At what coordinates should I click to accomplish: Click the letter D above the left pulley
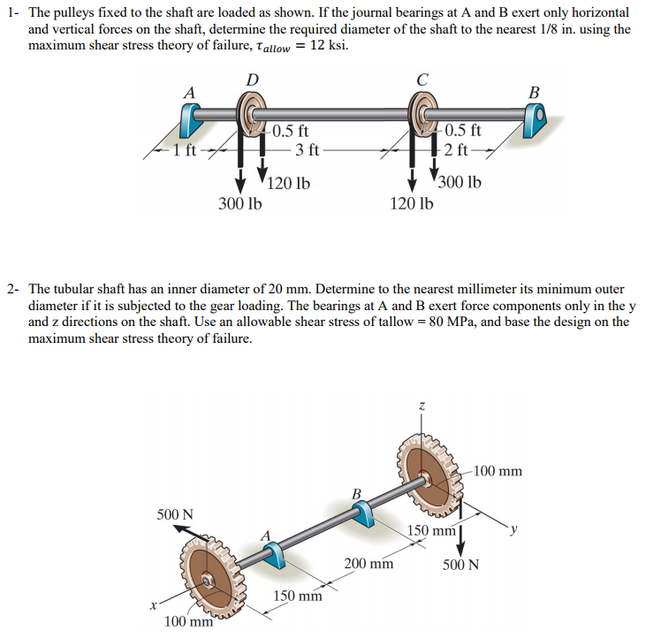[252, 80]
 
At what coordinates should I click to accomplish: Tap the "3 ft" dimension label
[307, 149]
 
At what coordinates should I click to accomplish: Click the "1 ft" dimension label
[185, 149]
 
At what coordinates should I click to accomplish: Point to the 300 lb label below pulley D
[240, 203]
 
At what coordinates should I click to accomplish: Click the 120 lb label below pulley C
[411, 203]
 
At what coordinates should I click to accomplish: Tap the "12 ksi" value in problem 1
[330, 46]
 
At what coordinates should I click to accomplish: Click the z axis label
[422, 406]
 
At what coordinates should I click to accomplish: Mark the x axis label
[154, 606]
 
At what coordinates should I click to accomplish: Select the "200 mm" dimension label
[369, 563]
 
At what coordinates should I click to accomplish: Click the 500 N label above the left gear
[175, 514]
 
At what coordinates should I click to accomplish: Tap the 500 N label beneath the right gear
[460, 565]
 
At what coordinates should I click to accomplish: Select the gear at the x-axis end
[209, 580]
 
